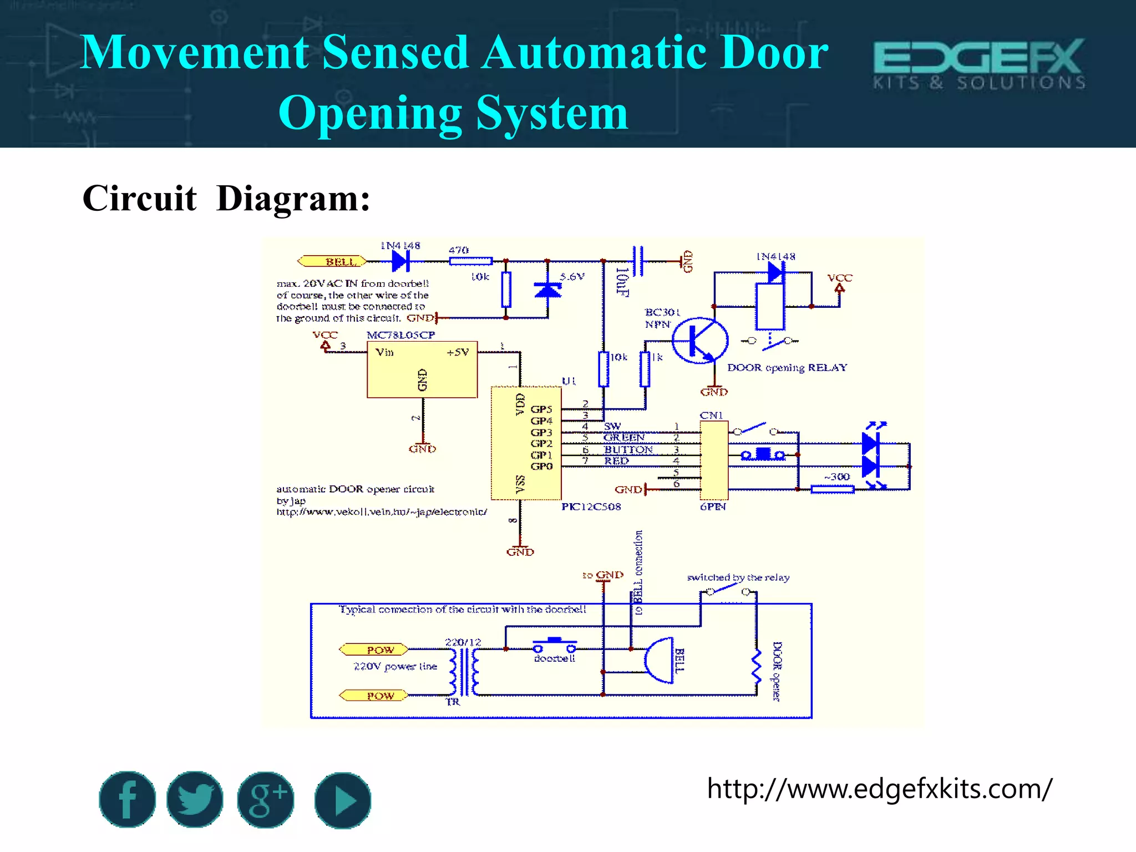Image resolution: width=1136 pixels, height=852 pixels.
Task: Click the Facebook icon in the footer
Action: (127, 799)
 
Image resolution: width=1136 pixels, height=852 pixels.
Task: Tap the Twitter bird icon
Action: (195, 799)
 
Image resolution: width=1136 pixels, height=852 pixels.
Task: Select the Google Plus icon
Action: (266, 799)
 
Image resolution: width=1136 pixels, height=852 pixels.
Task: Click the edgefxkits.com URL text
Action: (879, 788)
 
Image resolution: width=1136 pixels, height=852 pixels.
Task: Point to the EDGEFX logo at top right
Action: (979, 63)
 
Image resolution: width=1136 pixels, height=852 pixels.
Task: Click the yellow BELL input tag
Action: (332, 261)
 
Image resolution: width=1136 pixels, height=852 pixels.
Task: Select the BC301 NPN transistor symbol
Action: (699, 341)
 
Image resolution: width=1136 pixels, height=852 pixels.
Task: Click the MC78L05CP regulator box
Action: (422, 369)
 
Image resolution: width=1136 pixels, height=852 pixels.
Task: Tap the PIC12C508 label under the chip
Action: (591, 506)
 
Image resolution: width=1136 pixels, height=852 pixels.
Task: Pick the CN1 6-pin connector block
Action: (714, 460)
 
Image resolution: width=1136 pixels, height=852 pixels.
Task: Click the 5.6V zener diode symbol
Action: (547, 290)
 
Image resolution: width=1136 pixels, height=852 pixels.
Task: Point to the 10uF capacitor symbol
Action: (638, 261)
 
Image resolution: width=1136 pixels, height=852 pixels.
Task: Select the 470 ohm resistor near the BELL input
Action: (470, 261)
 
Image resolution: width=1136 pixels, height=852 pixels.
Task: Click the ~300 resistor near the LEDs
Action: (832, 489)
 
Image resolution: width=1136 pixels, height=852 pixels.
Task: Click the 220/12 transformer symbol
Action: (464, 671)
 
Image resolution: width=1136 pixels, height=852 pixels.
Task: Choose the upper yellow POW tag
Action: (373, 650)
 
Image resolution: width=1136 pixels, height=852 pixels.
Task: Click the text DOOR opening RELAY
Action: (787, 368)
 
